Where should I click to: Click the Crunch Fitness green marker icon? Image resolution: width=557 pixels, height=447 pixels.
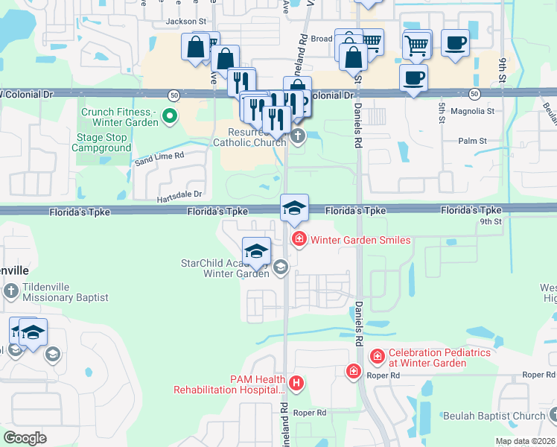click(170, 115)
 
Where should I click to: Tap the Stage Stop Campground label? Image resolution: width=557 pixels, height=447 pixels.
click(101, 142)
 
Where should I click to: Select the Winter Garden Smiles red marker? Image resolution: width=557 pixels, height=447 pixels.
click(299, 239)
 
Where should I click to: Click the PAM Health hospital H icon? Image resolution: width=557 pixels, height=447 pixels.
click(296, 384)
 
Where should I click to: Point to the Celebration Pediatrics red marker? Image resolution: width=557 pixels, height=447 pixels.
click(378, 358)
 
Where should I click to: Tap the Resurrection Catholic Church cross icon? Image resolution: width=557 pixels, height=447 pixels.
click(298, 136)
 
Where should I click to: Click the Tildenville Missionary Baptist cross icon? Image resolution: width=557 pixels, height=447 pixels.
click(11, 291)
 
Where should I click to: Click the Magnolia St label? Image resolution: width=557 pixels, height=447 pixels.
click(477, 111)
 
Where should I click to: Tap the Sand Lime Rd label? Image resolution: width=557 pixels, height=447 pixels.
click(159, 157)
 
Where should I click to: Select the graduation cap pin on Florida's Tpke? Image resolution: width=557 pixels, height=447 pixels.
click(294, 207)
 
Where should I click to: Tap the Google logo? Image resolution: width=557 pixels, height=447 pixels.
click(25, 438)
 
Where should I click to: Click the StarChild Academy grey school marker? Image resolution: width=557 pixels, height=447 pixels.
click(281, 267)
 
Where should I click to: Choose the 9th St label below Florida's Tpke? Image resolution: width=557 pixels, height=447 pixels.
click(491, 221)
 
